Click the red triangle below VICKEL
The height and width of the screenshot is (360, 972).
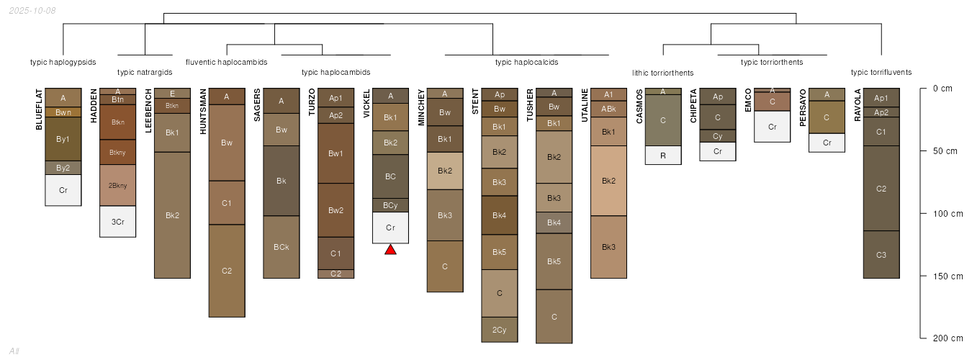390,249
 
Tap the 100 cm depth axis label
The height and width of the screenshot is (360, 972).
948,214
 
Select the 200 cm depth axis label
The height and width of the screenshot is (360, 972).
948,338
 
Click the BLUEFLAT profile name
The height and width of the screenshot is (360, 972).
39,109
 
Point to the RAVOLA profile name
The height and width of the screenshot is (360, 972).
858,105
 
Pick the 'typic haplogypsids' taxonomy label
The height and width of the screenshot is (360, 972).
63,62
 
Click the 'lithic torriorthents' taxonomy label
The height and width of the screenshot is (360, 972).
663,73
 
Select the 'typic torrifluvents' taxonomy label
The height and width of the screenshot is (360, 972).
881,73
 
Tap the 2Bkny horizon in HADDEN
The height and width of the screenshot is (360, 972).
117,185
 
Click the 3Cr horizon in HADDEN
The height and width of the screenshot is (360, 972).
117,222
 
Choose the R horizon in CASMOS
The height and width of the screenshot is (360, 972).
663,156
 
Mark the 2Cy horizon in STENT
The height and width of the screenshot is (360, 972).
500,330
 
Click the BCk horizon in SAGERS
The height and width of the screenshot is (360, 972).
282,247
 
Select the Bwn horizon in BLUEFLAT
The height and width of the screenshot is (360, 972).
63,112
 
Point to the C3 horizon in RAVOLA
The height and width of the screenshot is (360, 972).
881,255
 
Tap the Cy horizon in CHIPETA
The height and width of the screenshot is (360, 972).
718,136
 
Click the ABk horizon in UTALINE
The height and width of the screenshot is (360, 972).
608,109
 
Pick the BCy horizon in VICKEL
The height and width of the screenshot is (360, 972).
390,205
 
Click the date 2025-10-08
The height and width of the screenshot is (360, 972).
32,10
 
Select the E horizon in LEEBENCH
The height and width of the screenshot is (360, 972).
172,94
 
